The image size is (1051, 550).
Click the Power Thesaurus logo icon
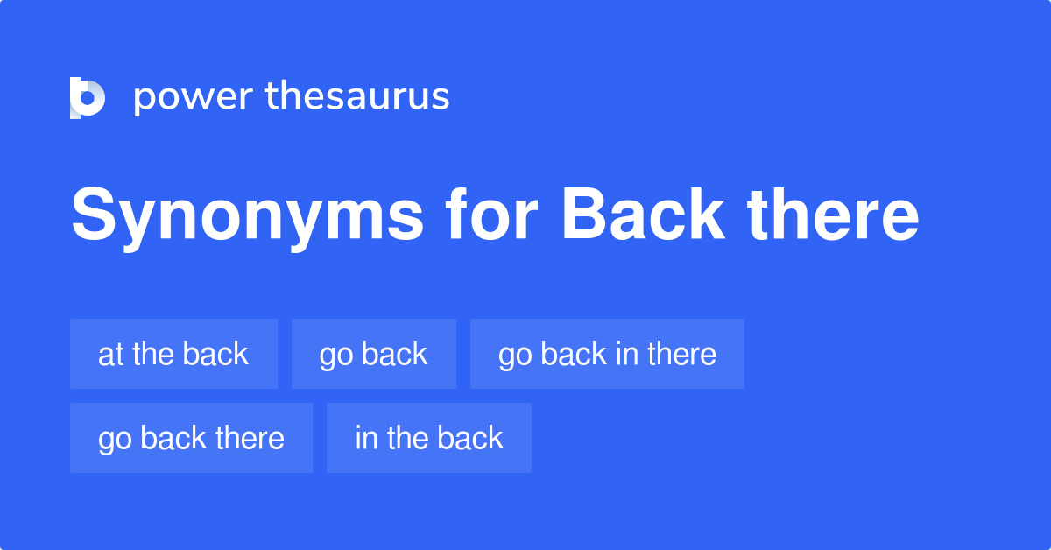click(88, 97)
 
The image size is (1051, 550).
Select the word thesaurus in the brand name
click(357, 97)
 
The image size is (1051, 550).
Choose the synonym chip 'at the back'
click(173, 354)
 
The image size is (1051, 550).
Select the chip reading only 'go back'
click(374, 354)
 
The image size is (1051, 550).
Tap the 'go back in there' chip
click(607, 354)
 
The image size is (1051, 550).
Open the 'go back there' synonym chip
click(191, 438)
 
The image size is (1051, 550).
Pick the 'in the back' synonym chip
click(429, 438)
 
